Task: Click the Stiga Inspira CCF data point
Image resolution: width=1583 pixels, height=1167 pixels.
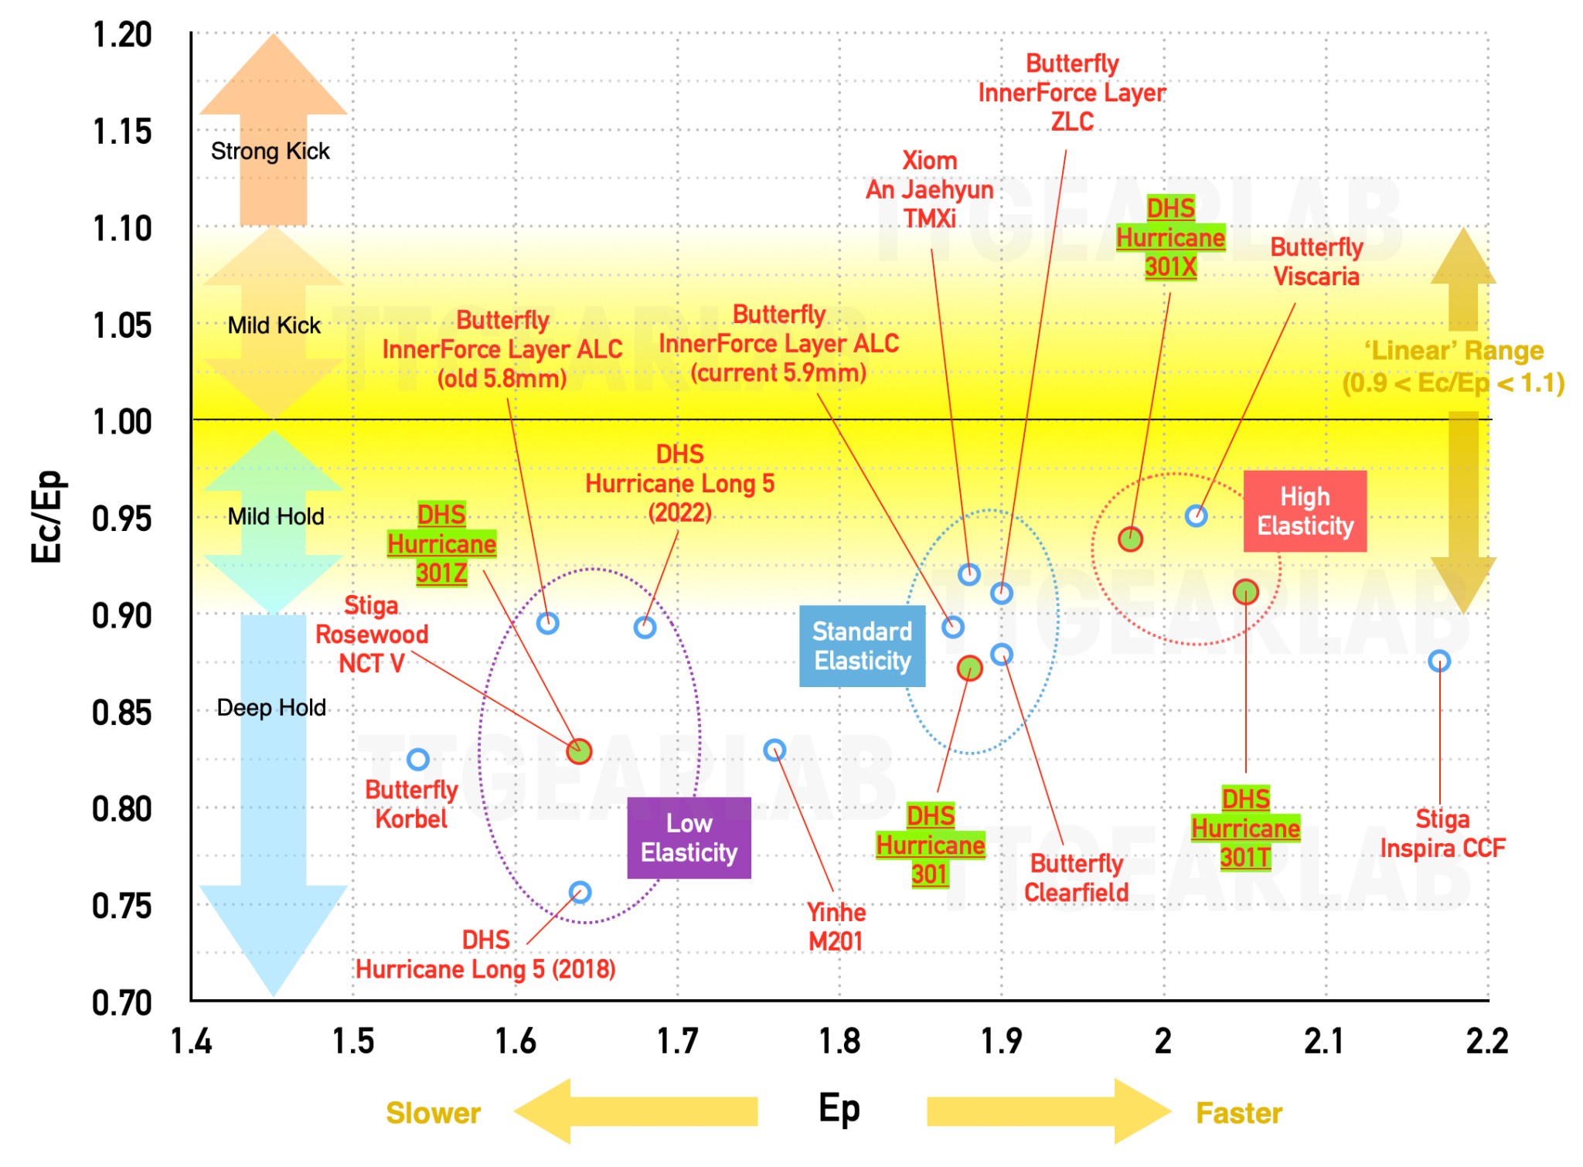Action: tap(1438, 661)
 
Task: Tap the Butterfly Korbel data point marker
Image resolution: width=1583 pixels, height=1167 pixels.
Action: tap(418, 759)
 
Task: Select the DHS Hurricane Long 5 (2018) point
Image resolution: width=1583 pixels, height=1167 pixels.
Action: tap(580, 893)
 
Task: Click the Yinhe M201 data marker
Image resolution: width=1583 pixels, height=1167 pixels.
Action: tap(774, 750)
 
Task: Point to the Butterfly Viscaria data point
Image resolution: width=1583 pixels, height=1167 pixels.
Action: tap(1196, 515)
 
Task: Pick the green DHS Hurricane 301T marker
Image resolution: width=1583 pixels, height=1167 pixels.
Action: tap(1245, 592)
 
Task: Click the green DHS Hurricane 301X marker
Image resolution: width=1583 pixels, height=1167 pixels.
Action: tap(1130, 539)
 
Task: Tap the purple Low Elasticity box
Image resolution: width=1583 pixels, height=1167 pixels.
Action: tap(689, 838)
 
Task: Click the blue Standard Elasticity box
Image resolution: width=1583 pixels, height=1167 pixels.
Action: tap(862, 646)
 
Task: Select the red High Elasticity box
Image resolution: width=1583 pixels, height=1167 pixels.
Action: tap(1305, 511)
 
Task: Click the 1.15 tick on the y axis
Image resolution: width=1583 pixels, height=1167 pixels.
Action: tap(122, 131)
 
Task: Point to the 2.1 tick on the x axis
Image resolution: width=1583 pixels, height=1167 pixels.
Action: tap(1324, 1041)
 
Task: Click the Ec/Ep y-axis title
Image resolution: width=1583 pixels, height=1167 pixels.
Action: tap(47, 516)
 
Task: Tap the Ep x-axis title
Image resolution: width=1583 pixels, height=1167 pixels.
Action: tap(839, 1109)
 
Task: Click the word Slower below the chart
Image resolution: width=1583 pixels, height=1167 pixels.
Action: tap(433, 1113)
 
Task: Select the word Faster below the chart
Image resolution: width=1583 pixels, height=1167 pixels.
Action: tap(1239, 1113)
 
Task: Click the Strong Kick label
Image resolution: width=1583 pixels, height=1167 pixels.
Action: tap(271, 151)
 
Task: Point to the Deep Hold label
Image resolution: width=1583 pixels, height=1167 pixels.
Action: tap(271, 707)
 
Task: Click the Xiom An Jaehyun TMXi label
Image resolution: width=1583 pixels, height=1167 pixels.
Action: tap(930, 189)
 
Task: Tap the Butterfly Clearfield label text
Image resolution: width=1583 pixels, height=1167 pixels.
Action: tap(1076, 878)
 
